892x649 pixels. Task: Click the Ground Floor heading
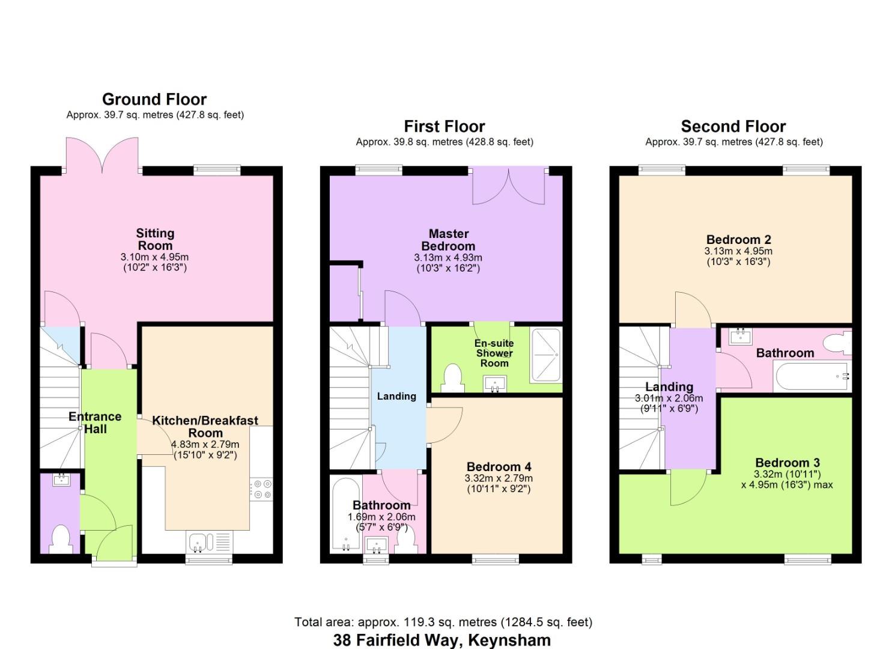pos(154,99)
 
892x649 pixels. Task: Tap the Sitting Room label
pos(155,239)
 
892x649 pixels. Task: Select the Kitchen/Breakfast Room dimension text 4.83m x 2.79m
pos(205,445)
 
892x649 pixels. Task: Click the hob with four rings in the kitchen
pos(261,488)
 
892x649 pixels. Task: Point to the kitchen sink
pos(198,541)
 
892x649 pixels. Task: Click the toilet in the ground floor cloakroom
pos(61,539)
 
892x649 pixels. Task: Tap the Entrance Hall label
pos(95,422)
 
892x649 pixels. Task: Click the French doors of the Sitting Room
pos(102,155)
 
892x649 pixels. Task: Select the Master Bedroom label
pos(448,240)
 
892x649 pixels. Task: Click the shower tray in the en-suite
pos(545,355)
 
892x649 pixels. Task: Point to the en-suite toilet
pos(452,378)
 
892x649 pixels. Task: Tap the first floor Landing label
pos(396,396)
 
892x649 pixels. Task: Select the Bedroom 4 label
pos(499,467)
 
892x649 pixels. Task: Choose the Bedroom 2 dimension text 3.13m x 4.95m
pos(738,251)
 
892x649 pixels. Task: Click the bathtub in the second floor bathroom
pos(812,377)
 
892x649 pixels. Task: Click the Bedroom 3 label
pos(787,463)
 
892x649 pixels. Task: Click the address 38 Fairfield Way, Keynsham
pos(441,639)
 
